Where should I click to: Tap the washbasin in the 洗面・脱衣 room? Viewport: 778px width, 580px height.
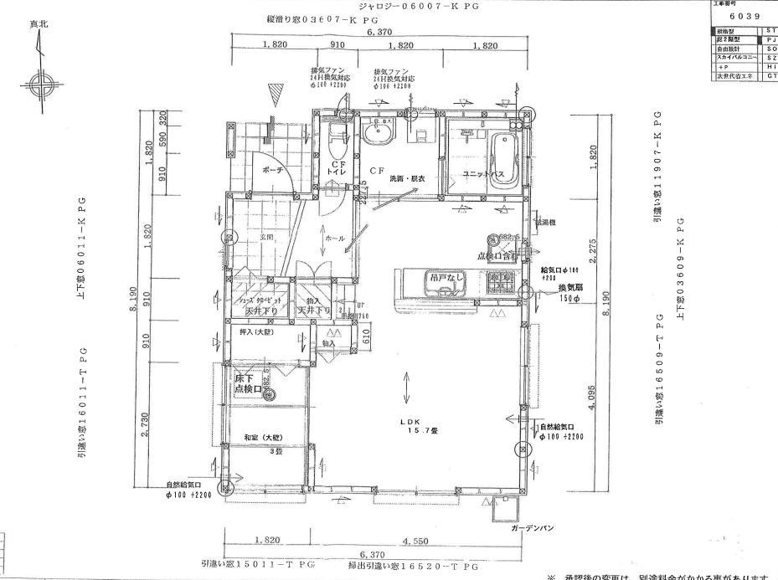point(376,135)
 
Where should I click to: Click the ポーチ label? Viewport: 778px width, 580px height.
point(273,170)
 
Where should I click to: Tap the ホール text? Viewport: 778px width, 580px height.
point(334,239)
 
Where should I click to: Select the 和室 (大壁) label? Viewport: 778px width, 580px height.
point(263,438)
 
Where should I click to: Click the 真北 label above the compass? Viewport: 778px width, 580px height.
point(39,25)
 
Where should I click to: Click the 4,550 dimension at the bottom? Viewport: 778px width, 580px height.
point(415,542)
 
